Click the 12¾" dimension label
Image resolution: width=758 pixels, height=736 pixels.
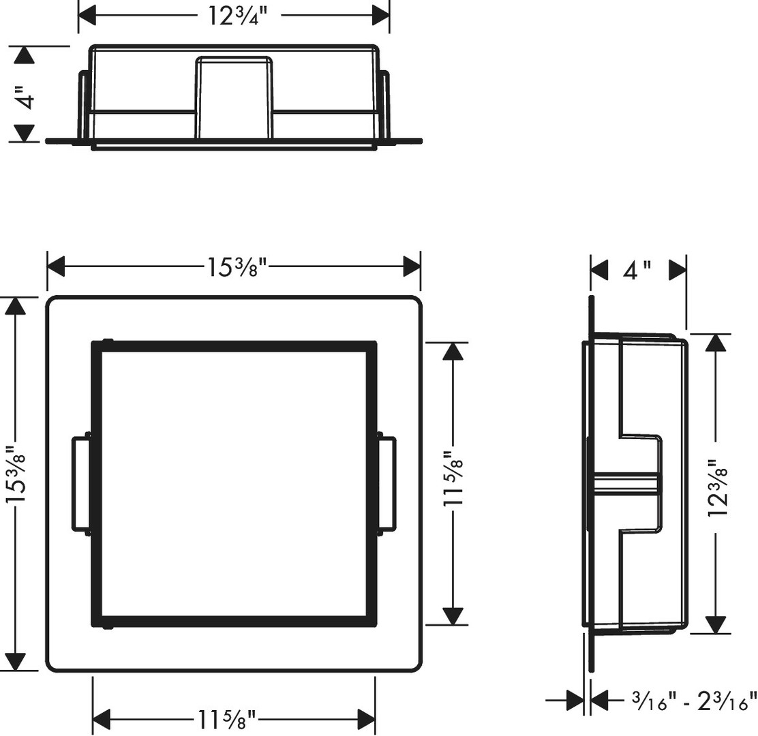(237, 16)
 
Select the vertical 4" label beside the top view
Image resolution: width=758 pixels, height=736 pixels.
(25, 98)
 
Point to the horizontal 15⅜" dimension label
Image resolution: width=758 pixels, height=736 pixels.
(237, 266)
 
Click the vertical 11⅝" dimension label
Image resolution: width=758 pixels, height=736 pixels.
(453, 479)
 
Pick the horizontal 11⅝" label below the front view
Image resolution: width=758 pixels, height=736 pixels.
(226, 719)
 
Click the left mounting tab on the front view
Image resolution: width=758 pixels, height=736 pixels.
(81, 483)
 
